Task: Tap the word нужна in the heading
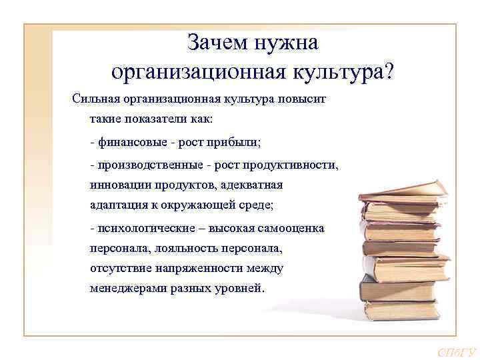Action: (285, 43)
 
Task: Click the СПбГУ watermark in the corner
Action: (456, 352)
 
